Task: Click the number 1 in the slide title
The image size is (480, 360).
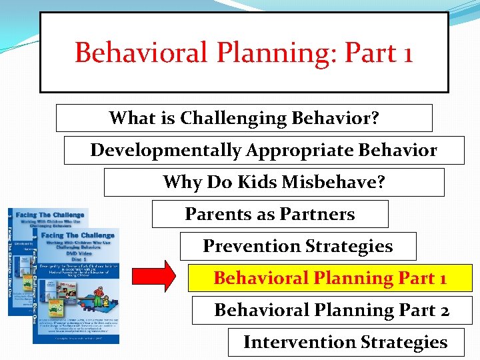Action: (x=405, y=53)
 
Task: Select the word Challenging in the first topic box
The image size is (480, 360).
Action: (x=234, y=119)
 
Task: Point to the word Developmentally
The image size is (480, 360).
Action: (x=166, y=151)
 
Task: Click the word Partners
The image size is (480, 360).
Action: (x=318, y=214)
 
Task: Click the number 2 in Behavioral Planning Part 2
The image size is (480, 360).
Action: (x=443, y=310)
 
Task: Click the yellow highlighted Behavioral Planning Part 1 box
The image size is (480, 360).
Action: (x=329, y=278)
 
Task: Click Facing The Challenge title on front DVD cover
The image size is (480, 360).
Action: (x=78, y=235)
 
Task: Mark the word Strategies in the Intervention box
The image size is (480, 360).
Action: (x=402, y=342)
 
